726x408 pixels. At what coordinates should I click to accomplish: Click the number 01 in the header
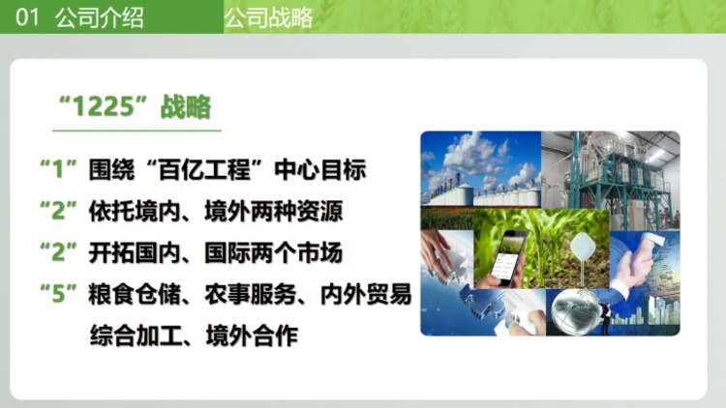click(27, 17)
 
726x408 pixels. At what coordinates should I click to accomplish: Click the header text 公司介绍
click(99, 17)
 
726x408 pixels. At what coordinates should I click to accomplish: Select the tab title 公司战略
click(268, 17)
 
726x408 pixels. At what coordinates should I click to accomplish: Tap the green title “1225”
click(96, 106)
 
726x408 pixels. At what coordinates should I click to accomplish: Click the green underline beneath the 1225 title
click(136, 131)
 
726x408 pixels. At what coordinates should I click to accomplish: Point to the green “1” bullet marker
click(58, 169)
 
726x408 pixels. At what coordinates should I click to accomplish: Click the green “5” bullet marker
click(58, 294)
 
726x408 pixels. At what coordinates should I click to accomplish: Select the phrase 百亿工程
click(204, 169)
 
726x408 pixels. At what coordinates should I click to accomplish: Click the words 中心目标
click(320, 169)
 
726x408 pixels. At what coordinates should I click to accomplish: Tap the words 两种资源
click(297, 212)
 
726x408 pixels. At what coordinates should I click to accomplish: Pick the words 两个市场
click(297, 253)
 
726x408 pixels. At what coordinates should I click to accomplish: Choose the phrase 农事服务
click(251, 295)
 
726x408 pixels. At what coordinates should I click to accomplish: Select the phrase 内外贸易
click(366, 295)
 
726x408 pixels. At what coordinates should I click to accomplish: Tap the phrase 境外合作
click(252, 336)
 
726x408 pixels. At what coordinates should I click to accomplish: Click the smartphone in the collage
click(508, 257)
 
